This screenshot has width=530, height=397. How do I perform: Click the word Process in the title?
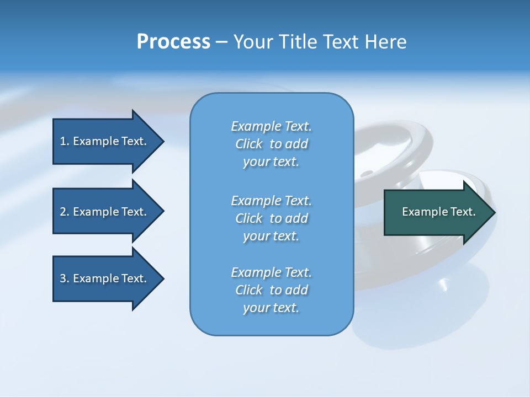[173, 42]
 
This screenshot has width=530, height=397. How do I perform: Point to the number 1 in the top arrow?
[63, 141]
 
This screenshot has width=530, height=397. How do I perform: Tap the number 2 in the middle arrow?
[63, 212]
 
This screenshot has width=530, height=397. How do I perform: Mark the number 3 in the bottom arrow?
[63, 278]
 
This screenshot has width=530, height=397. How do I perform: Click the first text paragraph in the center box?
[271, 144]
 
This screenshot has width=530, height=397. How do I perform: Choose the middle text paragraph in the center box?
[271, 218]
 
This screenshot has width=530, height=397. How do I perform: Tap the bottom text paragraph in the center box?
[271, 290]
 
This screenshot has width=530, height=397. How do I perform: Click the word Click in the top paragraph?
[248, 144]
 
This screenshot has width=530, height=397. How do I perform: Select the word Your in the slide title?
[250, 42]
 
